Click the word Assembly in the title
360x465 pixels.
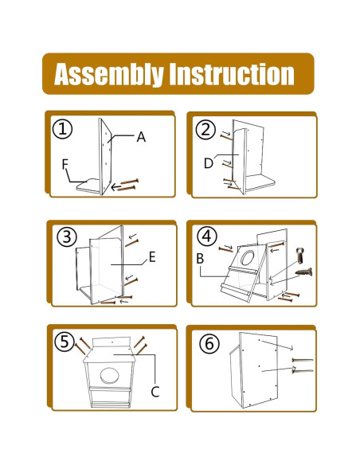tap(109, 74)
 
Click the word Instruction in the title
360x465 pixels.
tap(232, 74)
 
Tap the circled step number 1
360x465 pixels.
tap(62, 129)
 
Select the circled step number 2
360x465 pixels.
tap(205, 129)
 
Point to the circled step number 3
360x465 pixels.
tap(67, 237)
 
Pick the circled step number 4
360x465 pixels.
tap(207, 236)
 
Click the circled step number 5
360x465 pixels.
tap(65, 342)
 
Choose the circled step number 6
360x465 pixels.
tap(209, 344)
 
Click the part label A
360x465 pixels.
tap(141, 137)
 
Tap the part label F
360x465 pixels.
tap(65, 164)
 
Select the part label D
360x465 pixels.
tap(209, 163)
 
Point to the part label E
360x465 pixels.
tap(152, 257)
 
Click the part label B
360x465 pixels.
tap(200, 259)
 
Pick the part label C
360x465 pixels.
tap(155, 392)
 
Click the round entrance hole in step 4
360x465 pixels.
tap(248, 257)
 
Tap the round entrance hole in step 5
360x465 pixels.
tap(110, 376)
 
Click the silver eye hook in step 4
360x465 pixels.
tap(300, 255)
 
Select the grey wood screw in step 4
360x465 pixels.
tap(303, 272)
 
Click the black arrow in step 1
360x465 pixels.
tap(116, 187)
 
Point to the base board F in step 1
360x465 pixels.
tap(88, 186)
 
